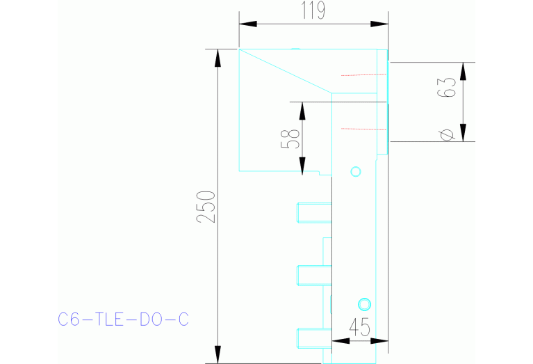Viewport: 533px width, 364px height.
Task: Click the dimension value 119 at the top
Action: (313, 10)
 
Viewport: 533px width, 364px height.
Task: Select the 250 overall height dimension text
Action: (206, 206)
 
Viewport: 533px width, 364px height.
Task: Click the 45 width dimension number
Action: (359, 327)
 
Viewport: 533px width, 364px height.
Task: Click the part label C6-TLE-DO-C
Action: (123, 319)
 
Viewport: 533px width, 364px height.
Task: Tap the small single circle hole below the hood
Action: (356, 171)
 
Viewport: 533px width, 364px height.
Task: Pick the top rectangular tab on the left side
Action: (313, 212)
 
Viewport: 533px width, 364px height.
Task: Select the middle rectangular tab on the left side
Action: (313, 275)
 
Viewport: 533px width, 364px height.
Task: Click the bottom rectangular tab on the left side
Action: (313, 338)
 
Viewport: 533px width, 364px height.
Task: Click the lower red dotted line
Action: (363, 128)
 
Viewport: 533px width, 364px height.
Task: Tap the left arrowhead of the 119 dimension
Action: (247, 24)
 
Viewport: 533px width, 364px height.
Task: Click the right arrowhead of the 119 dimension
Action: (379, 24)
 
